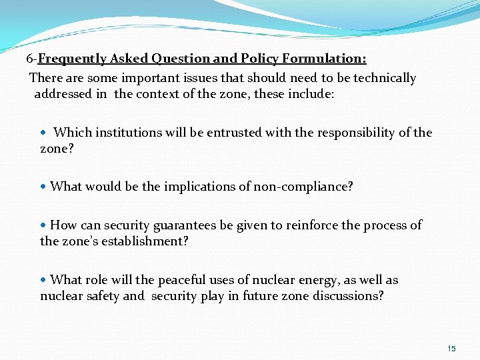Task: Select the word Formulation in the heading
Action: [x=331, y=59]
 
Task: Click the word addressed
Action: [x=63, y=94]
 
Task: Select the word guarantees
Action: [x=183, y=225]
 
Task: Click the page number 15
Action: [x=451, y=349]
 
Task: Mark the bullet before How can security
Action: [x=44, y=226]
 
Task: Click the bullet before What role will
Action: [x=44, y=281]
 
